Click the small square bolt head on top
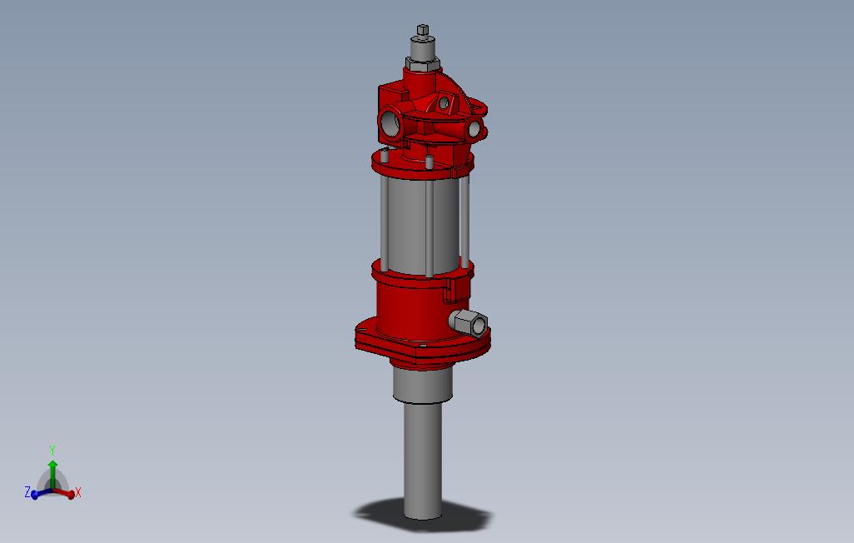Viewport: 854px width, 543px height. tap(423, 29)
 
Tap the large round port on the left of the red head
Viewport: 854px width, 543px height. tap(390, 124)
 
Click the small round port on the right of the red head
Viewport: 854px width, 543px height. tap(474, 129)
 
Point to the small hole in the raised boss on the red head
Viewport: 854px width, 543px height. tap(444, 102)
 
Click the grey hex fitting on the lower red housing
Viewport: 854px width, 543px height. tap(469, 321)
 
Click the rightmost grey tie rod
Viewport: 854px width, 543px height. tap(464, 221)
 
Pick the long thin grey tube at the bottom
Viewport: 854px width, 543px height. tap(423, 461)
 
